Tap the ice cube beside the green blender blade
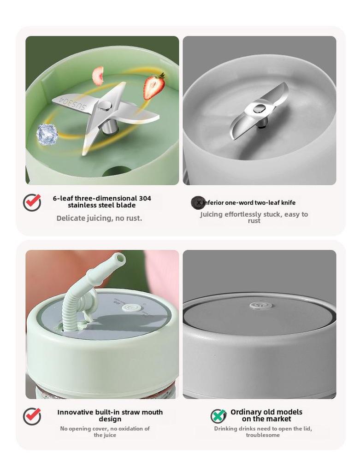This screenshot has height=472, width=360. (x=47, y=135)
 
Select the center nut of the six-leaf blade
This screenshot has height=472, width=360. (x=105, y=106)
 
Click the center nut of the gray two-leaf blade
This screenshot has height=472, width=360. (x=259, y=108)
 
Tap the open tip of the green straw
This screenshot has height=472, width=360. (x=119, y=258)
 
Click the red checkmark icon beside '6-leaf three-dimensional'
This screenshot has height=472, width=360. (x=32, y=202)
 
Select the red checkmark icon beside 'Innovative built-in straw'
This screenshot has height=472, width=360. (x=32, y=416)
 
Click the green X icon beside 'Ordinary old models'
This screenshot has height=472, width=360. (x=219, y=416)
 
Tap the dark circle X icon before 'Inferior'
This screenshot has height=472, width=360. (x=198, y=203)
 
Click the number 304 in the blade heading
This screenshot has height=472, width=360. (x=145, y=198)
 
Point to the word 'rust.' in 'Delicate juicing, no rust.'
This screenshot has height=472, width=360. (x=133, y=218)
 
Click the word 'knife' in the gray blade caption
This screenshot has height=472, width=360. (x=288, y=203)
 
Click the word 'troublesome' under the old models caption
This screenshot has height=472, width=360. (x=263, y=435)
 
